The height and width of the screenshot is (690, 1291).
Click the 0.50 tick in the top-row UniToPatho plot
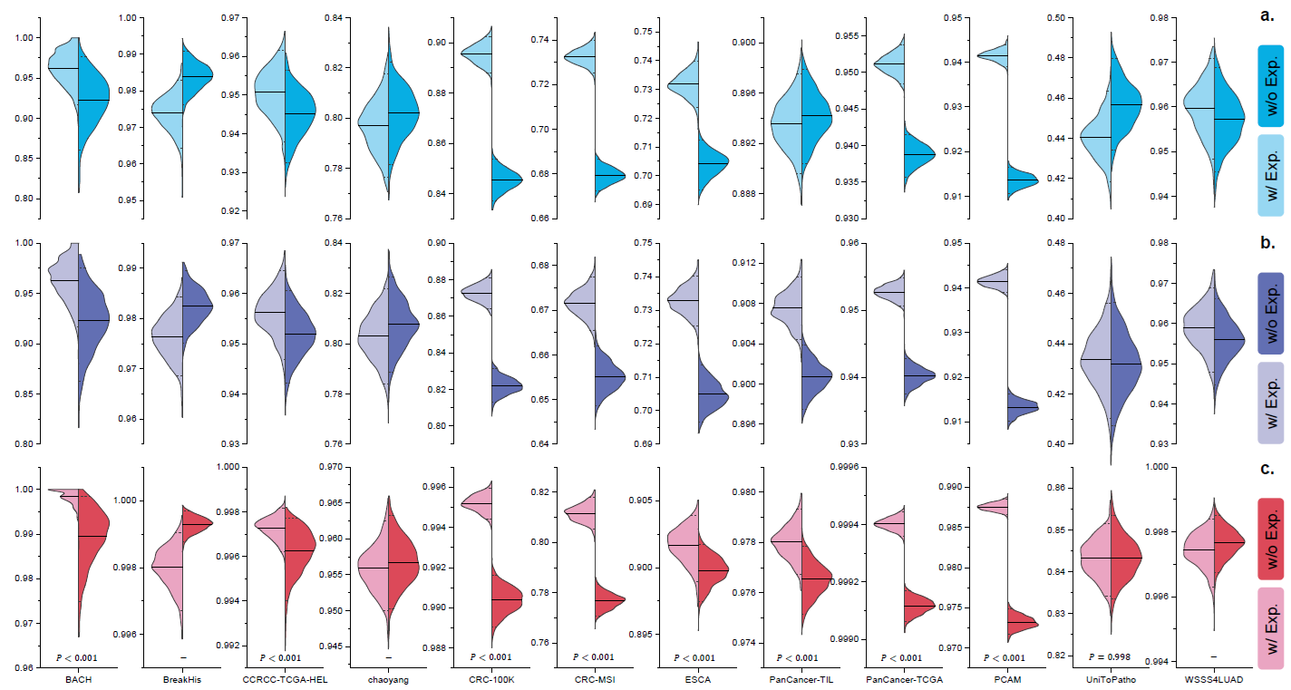[x=1056, y=18]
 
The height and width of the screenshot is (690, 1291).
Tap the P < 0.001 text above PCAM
[x=986, y=657]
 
